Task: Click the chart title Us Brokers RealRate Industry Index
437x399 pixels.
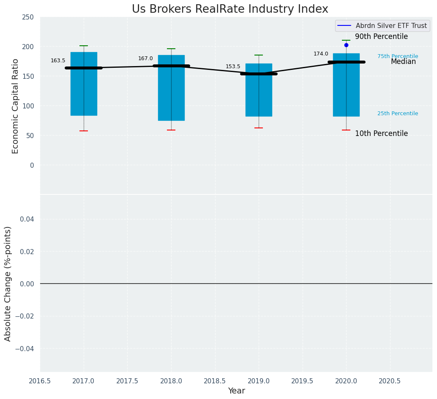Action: [230, 9]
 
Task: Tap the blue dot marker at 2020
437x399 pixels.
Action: [346, 45]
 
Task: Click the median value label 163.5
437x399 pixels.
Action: [58, 61]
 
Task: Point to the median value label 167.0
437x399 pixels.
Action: [145, 58]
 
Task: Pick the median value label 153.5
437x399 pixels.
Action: [233, 66]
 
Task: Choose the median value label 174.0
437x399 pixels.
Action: [321, 54]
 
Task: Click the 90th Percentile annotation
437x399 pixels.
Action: [381, 37]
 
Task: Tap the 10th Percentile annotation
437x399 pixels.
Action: [381, 134]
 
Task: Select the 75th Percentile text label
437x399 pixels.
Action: [398, 56]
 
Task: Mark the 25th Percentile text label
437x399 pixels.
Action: [398, 114]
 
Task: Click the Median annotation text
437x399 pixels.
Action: [403, 62]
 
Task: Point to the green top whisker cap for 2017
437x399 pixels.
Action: [84, 46]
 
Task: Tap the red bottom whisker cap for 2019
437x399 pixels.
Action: [259, 128]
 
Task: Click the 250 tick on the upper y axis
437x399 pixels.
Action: [28, 17]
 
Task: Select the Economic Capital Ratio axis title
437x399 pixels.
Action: [16, 106]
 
